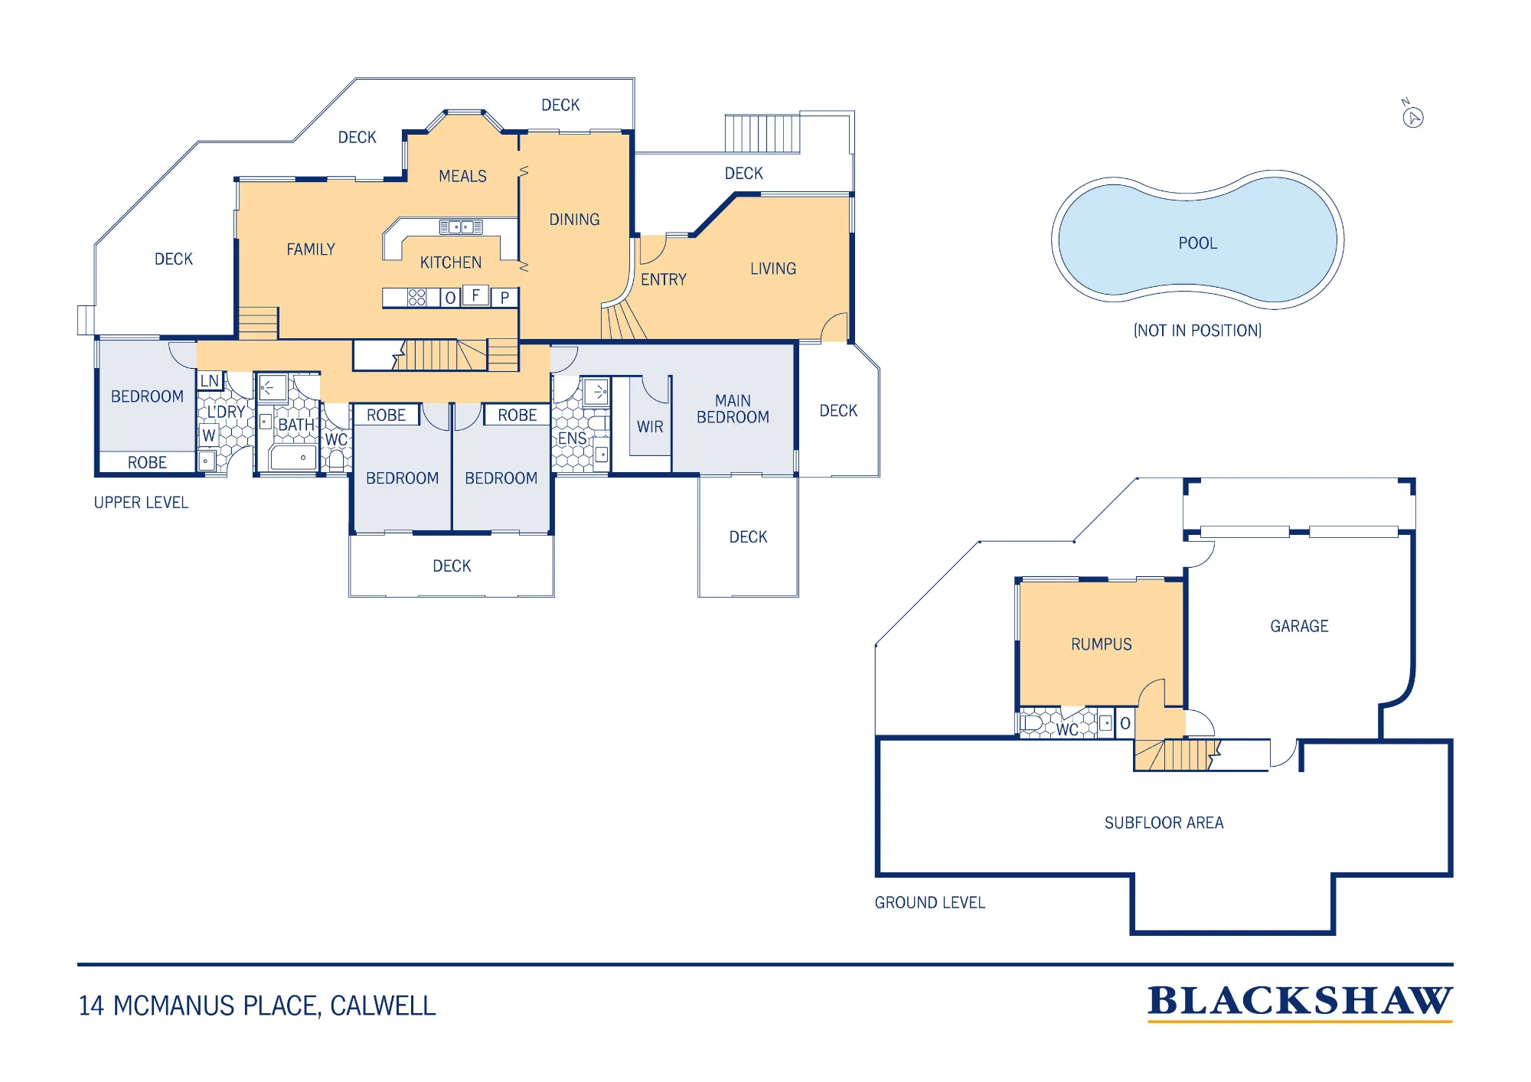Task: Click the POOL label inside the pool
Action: pyautogui.click(x=1197, y=243)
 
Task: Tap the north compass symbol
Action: pyautogui.click(x=1412, y=116)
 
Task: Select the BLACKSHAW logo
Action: pyautogui.click(x=1300, y=1002)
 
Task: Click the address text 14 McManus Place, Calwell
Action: pyautogui.click(x=257, y=1005)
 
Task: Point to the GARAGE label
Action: pyautogui.click(x=1299, y=626)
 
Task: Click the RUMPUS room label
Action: pyautogui.click(x=1101, y=644)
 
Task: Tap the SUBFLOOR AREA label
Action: pyautogui.click(x=1164, y=823)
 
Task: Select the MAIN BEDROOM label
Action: pyautogui.click(x=733, y=409)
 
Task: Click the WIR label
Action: pyautogui.click(x=650, y=427)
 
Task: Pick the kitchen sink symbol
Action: pyautogui.click(x=461, y=227)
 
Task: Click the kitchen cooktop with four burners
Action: pyautogui.click(x=416, y=298)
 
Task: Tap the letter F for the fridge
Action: pyautogui.click(x=475, y=295)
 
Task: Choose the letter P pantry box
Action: pyautogui.click(x=504, y=298)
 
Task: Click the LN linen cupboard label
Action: pyautogui.click(x=209, y=381)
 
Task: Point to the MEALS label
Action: pyautogui.click(x=462, y=176)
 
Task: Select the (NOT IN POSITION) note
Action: pyautogui.click(x=1197, y=331)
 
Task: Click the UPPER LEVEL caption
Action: pyautogui.click(x=141, y=503)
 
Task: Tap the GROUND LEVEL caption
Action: pyautogui.click(x=930, y=903)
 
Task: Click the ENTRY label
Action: pyautogui.click(x=664, y=280)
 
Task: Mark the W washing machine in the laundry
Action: pyautogui.click(x=208, y=435)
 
